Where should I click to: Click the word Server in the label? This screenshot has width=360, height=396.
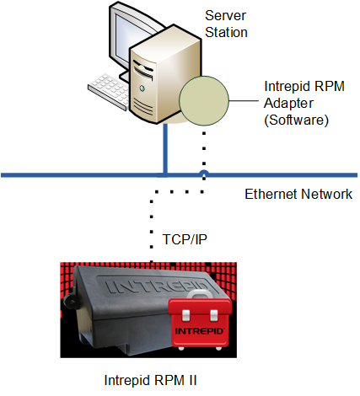coord(225,15)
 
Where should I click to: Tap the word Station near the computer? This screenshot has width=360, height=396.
coord(226,32)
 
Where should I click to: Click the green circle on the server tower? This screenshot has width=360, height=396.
coord(204,100)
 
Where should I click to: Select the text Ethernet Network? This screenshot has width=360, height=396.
coord(298,194)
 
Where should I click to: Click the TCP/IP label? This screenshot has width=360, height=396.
coord(185,239)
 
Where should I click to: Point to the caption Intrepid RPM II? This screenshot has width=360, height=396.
coord(150,380)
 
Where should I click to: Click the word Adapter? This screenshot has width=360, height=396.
coord(288,104)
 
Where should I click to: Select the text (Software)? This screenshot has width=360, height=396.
coord(296,120)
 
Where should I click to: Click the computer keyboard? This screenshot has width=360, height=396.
coord(109,91)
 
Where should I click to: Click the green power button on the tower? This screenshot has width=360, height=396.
coord(142,88)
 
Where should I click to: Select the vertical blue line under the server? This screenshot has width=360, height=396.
coord(165,149)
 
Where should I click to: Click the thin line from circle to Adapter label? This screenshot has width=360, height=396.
coord(244,100)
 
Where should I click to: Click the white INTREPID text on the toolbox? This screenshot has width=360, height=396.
coord(199,331)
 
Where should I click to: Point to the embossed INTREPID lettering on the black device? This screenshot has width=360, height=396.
coord(158,286)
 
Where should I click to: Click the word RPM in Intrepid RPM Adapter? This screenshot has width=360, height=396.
coord(330,86)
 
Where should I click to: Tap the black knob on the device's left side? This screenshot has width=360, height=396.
coord(70,302)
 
